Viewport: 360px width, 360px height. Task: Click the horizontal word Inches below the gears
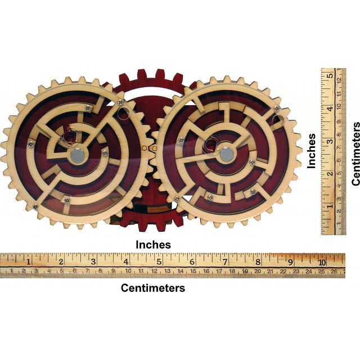pyautogui.click(x=154, y=245)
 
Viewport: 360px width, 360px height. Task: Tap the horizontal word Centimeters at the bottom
pyautogui.click(x=153, y=288)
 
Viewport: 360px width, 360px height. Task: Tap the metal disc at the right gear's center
pyautogui.click(x=226, y=153)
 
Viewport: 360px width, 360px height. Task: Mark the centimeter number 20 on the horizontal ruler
pyautogui.click(x=258, y=272)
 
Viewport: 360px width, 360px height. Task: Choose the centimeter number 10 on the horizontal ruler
pyautogui.click(x=129, y=272)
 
